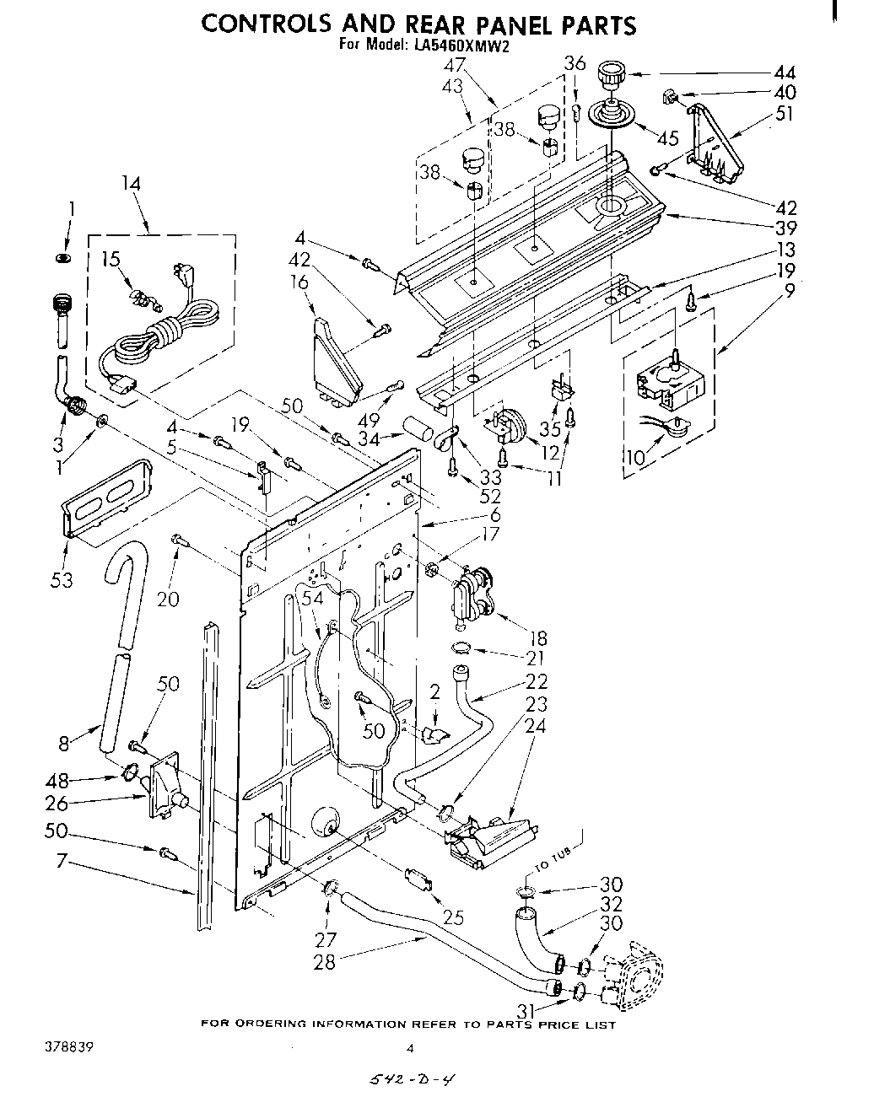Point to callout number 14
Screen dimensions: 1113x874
click(131, 184)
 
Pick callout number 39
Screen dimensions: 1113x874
click(785, 228)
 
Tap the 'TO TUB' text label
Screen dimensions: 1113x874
click(555, 856)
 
